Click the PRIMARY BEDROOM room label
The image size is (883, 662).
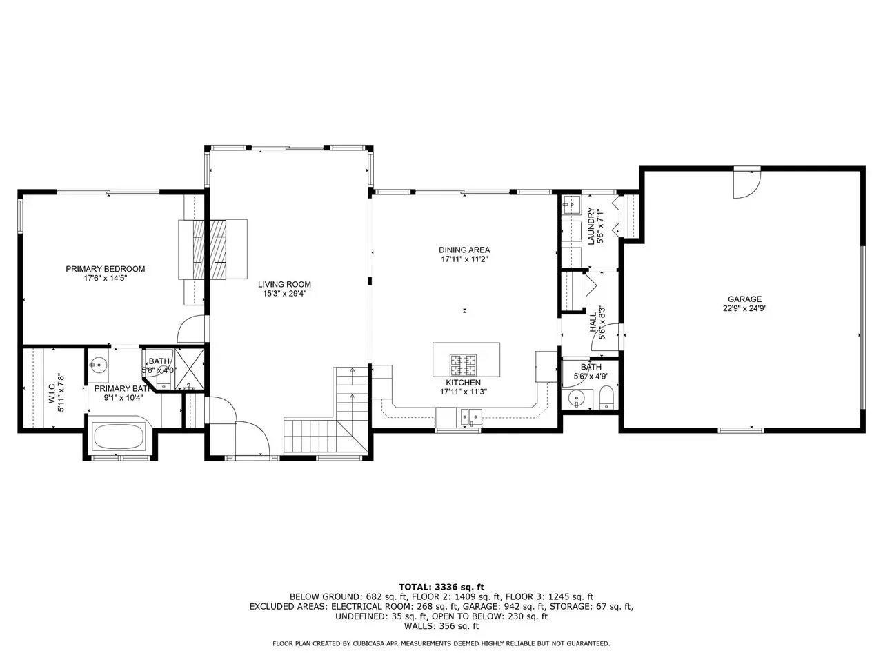coord(106,269)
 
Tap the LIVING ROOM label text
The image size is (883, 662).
coord(284,285)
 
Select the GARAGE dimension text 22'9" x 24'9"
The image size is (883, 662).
coord(744,308)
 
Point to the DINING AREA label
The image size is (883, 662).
coord(464,250)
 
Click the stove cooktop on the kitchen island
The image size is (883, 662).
coord(463,365)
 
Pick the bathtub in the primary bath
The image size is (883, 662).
coord(118,437)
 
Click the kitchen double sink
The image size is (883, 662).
coord(471,417)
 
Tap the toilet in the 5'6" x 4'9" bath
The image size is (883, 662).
coord(606,398)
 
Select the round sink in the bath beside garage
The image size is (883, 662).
coord(577,399)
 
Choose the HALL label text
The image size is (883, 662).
coord(593,322)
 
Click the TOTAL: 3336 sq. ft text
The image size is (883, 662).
coord(441,588)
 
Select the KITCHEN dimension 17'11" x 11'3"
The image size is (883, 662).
coord(464,392)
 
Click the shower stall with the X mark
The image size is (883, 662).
coord(190,369)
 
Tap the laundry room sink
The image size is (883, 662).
coord(571,205)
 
